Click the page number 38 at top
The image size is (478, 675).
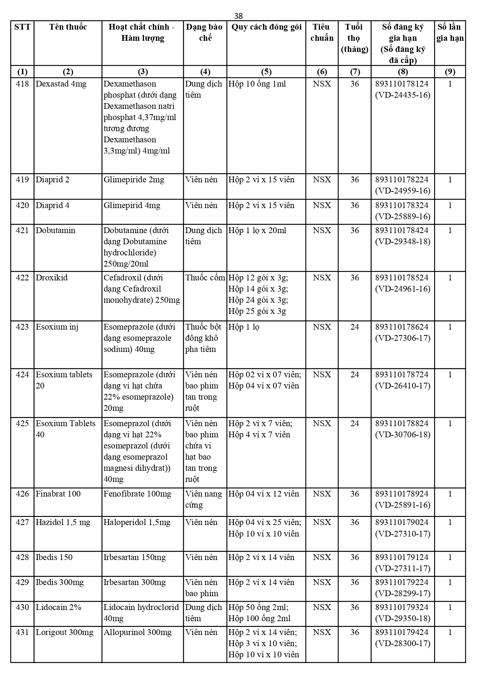click(x=238, y=16)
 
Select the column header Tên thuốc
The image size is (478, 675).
click(x=68, y=27)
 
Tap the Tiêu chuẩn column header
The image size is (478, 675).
click(x=322, y=32)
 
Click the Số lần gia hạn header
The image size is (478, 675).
click(x=450, y=32)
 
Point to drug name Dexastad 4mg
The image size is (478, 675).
click(x=61, y=84)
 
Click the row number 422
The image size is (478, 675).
click(x=22, y=278)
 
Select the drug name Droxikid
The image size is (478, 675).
click(x=52, y=278)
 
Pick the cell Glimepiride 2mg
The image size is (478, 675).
click(x=134, y=180)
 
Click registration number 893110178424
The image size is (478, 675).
click(x=402, y=230)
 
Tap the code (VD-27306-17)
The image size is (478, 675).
click(x=403, y=338)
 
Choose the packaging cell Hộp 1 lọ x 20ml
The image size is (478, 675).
click(x=257, y=230)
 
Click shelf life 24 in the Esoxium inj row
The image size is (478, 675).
click(x=354, y=327)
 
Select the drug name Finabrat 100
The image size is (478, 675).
click(x=58, y=494)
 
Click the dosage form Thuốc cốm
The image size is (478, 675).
click(x=205, y=278)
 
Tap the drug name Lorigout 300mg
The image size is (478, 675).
click(x=64, y=632)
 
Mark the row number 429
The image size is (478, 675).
click(x=22, y=582)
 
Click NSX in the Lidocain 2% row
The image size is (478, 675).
click(x=322, y=607)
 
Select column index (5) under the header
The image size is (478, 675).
click(x=266, y=72)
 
